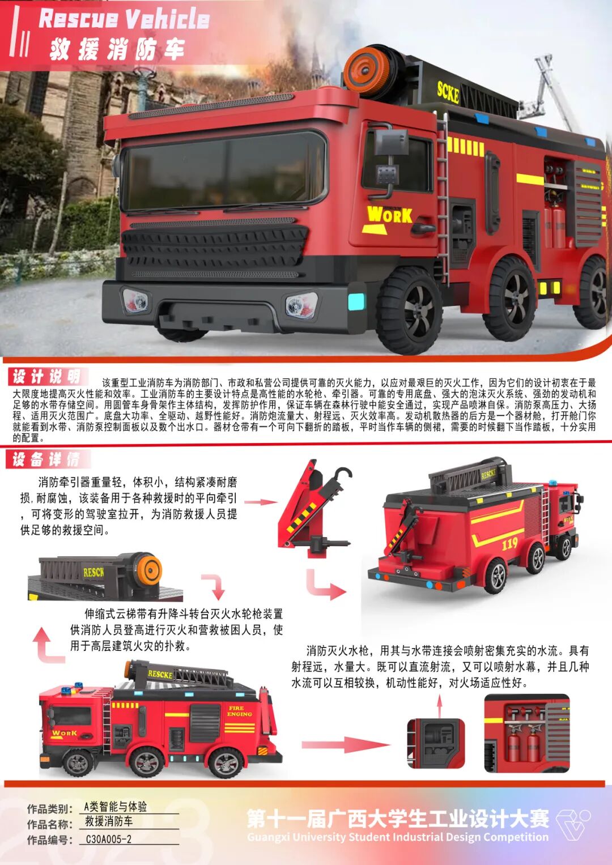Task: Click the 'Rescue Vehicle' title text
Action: [x=124, y=19]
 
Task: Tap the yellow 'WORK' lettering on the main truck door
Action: [x=389, y=215]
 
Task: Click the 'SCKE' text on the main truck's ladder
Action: [x=448, y=91]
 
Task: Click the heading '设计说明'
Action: [x=46, y=376]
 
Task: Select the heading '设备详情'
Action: [x=46, y=459]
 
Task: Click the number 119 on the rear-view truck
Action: [x=510, y=544]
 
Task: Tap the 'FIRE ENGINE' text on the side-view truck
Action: [x=239, y=711]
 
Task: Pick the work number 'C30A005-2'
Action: [x=109, y=840]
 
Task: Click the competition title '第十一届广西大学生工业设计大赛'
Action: [x=398, y=818]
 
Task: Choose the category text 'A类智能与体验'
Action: [x=115, y=807]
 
